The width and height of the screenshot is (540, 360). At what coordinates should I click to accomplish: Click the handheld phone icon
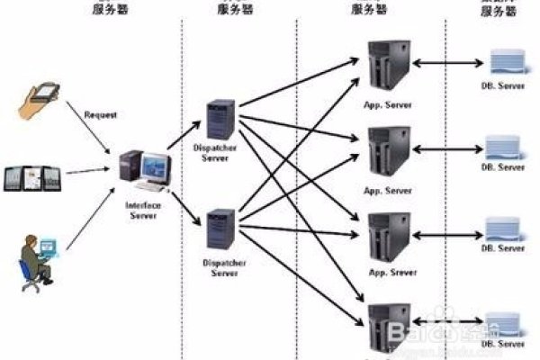coord(40,96)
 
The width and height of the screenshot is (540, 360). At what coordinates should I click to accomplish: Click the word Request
coord(100,115)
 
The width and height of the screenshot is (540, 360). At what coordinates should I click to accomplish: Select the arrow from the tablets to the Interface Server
coord(90,171)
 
